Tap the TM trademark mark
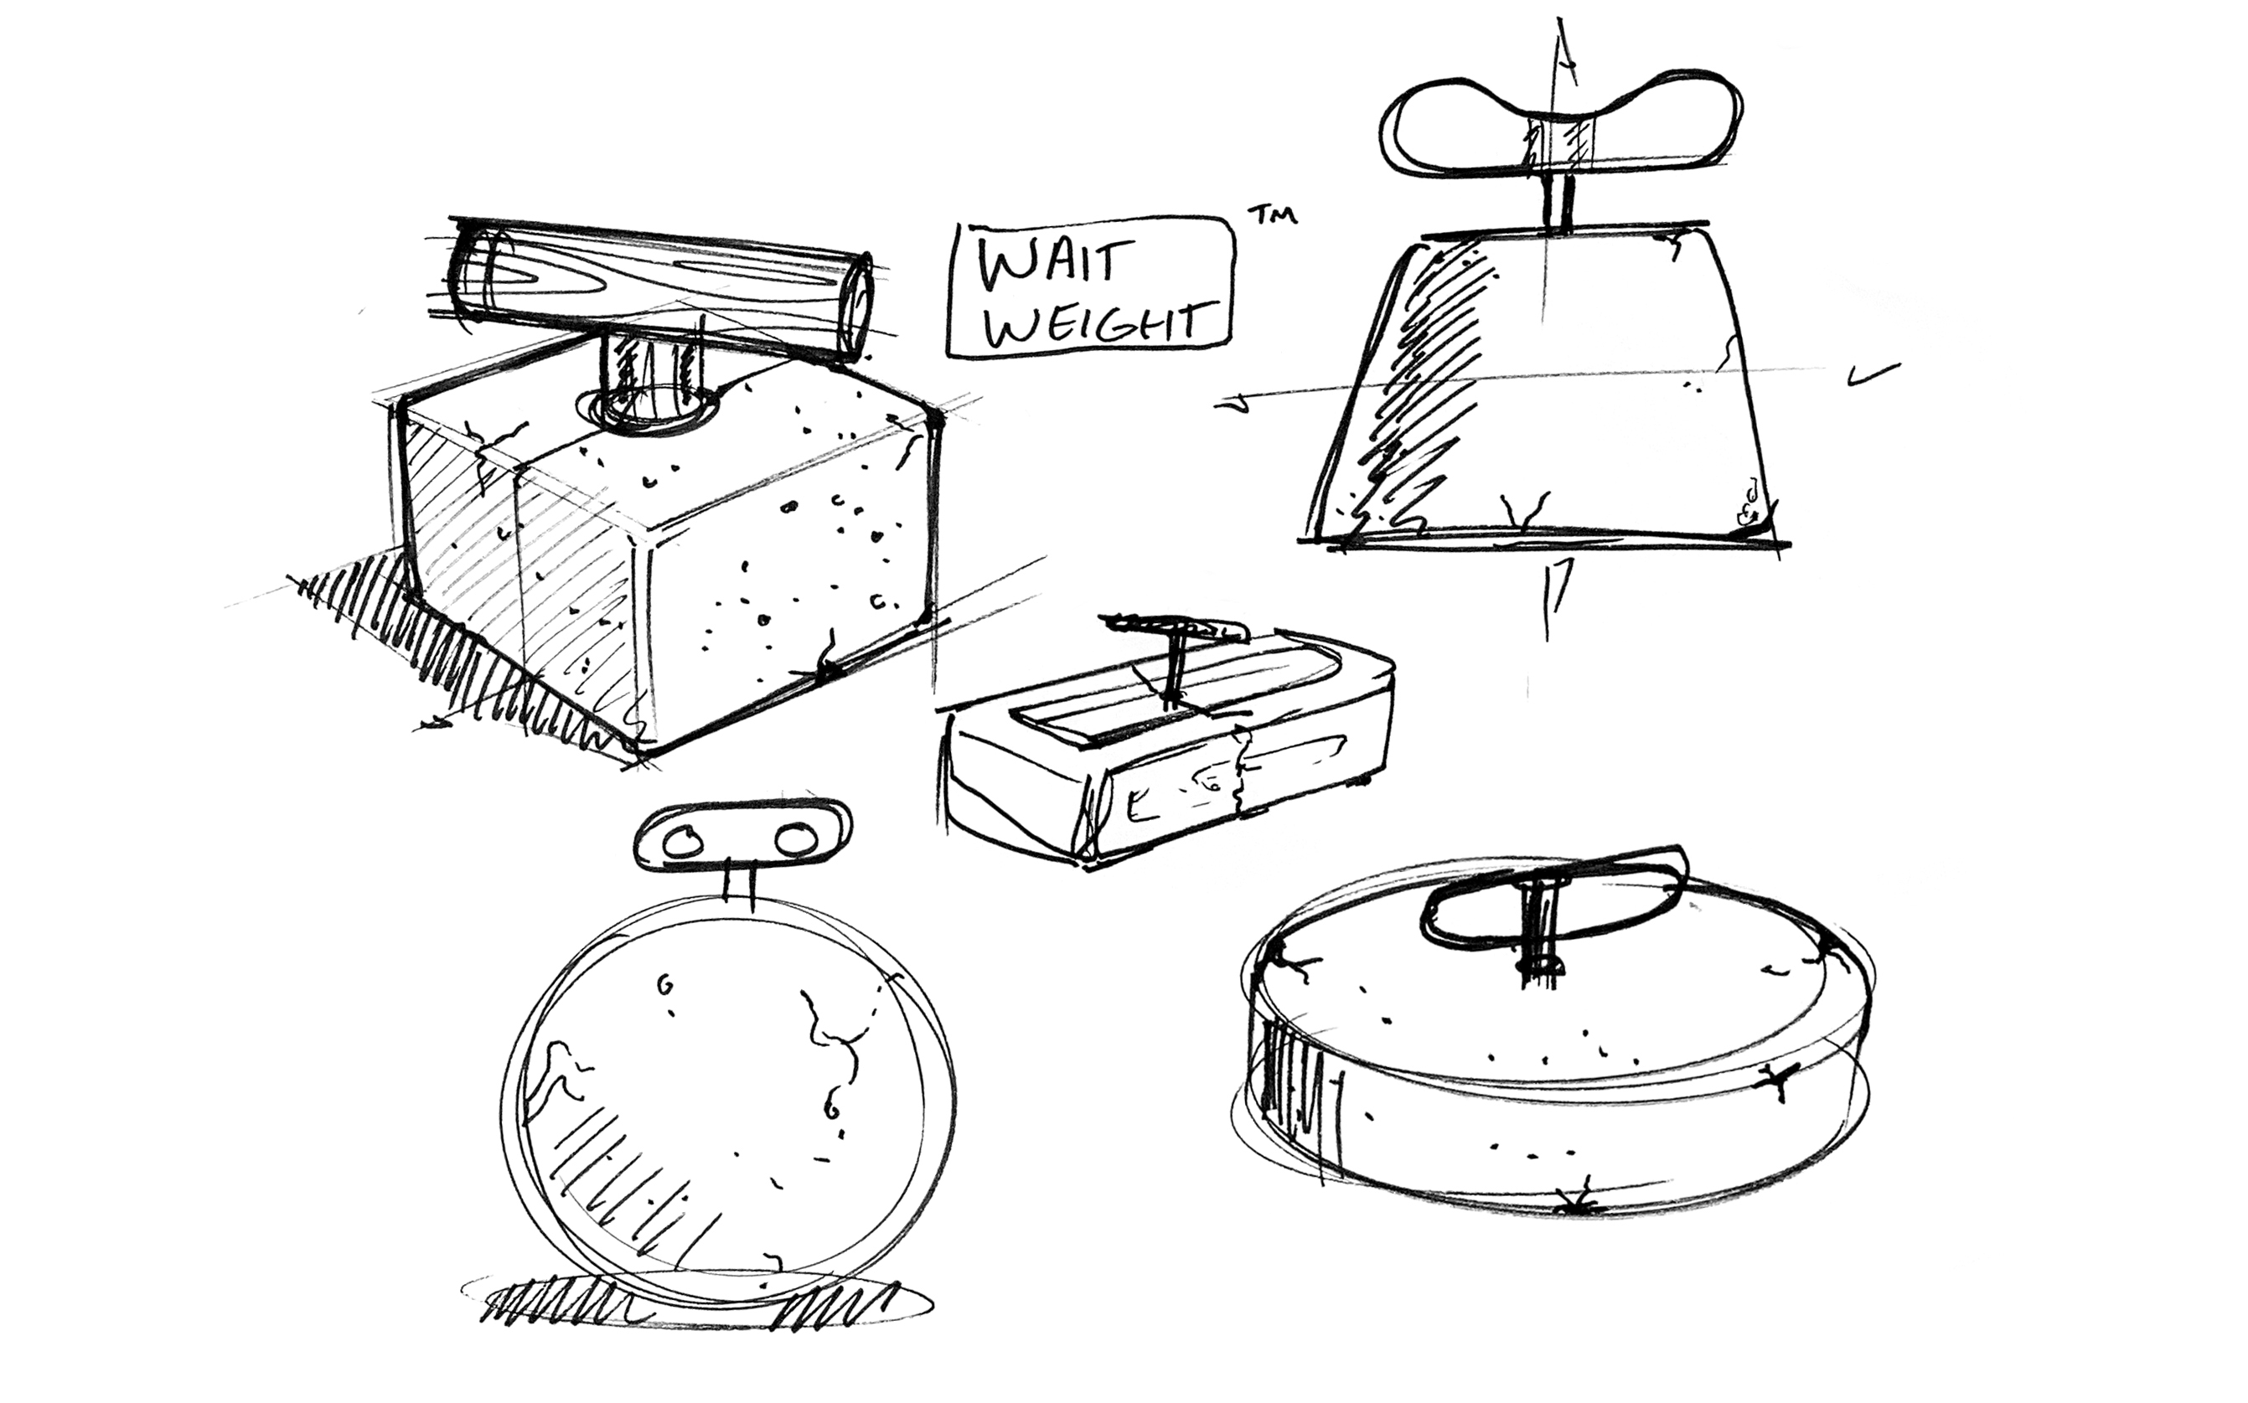pos(1273,215)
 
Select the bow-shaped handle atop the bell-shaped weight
pos(1559,126)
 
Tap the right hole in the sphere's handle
pos(795,841)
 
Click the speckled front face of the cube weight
pos(789,594)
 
